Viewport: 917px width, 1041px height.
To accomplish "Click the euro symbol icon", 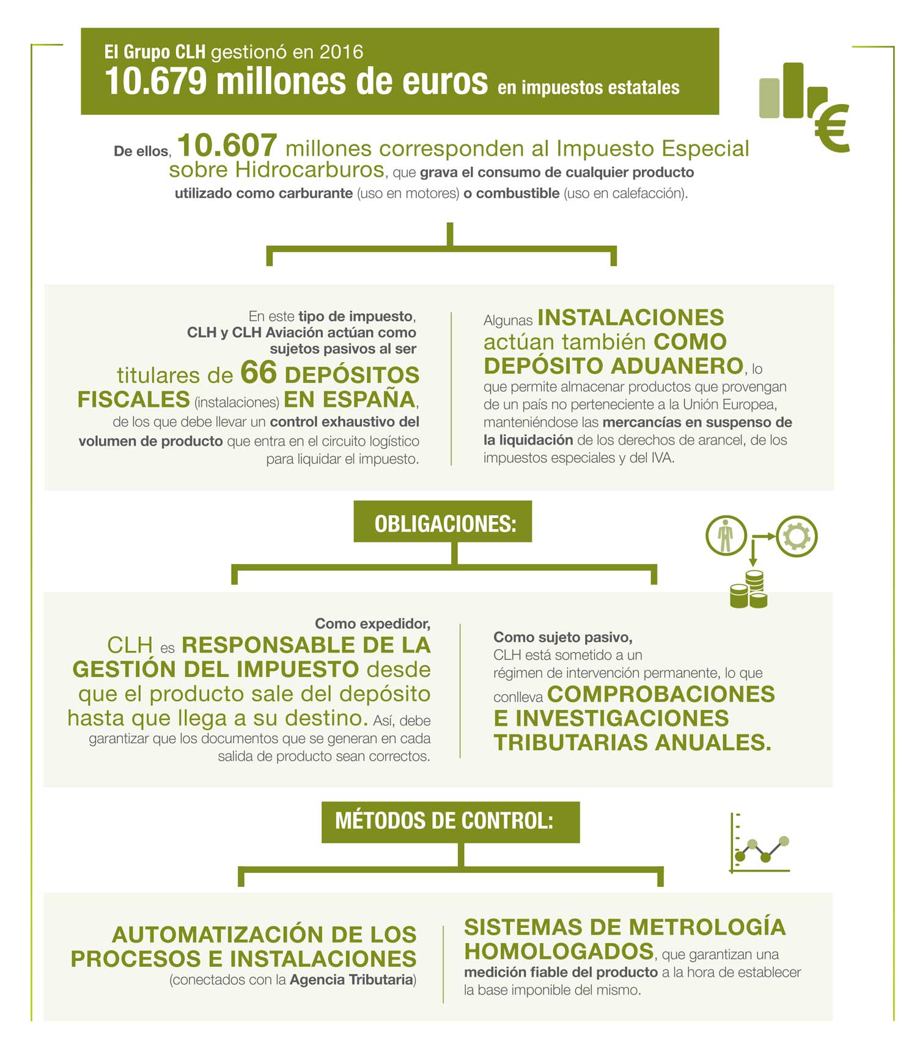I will pos(833,128).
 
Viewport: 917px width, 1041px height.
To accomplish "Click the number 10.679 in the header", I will pos(156,81).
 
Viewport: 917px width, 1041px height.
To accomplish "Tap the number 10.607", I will pos(227,146).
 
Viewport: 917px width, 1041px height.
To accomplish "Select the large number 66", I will pos(259,372).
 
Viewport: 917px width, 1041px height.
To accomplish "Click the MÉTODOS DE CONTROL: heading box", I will pos(450,821).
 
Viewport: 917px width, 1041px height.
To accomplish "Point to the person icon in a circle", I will pos(726,536).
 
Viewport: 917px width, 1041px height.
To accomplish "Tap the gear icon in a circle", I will pos(797,536).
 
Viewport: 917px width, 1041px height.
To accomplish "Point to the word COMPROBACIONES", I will pos(661,694).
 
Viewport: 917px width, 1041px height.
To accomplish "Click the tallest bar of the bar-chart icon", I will pos(793,90).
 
